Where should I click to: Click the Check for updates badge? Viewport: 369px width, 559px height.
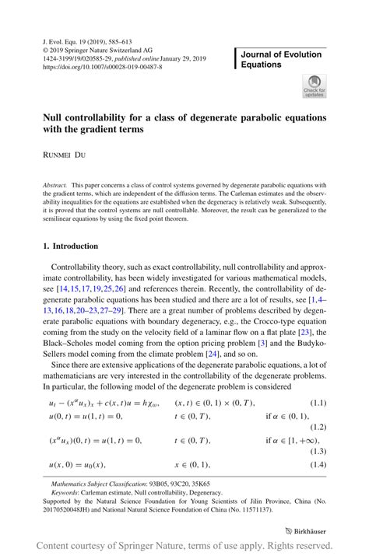pos(315,86)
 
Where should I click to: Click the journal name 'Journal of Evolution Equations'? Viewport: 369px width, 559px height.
pos(281,59)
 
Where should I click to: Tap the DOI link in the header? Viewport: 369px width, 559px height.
pos(103,67)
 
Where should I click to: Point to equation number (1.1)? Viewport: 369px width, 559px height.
pos(318,402)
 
